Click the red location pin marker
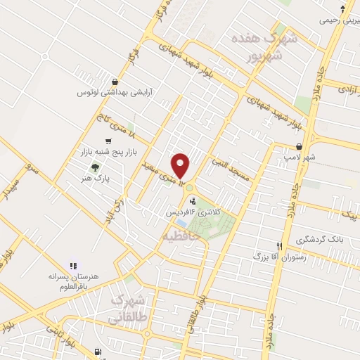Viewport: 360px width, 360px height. [182, 166]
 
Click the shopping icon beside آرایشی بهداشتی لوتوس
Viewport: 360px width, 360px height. [115, 82]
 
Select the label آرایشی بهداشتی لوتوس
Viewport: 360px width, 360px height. [115, 92]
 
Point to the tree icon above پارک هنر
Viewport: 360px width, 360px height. [95, 167]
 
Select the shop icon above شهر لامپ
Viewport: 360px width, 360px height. [301, 146]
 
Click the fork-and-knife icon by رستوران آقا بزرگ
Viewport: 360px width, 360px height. [280, 247]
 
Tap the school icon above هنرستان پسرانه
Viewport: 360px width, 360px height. [73, 266]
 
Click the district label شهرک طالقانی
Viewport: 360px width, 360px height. [128, 309]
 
